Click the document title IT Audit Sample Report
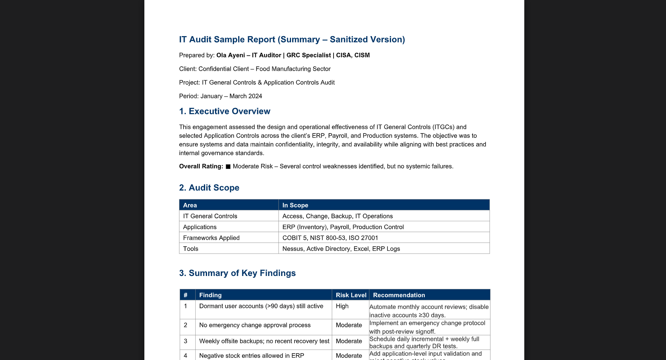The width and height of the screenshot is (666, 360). pyautogui.click(x=292, y=40)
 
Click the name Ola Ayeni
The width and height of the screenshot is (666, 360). pyautogui.click(x=230, y=56)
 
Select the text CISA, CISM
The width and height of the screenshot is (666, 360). pyautogui.click(x=353, y=56)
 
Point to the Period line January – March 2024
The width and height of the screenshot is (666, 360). pyautogui.click(x=220, y=96)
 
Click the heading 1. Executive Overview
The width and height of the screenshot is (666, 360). pyautogui.click(x=225, y=111)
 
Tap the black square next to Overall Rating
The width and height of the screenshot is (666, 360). pyautogui.click(x=228, y=167)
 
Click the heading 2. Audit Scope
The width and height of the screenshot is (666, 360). pyautogui.click(x=209, y=188)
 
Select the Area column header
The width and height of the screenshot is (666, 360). pyautogui.click(x=190, y=205)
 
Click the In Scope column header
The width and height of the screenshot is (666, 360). pyautogui.click(x=295, y=205)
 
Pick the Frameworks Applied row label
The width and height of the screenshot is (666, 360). pyautogui.click(x=211, y=238)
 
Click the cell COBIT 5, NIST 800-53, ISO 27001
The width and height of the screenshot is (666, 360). pyautogui.click(x=330, y=238)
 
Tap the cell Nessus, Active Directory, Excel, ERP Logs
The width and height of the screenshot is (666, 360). pyautogui.click(x=341, y=249)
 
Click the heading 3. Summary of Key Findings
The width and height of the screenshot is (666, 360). pyautogui.click(x=237, y=273)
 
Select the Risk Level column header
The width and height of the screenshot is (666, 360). pyautogui.click(x=351, y=295)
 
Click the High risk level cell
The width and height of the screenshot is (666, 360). pyautogui.click(x=342, y=306)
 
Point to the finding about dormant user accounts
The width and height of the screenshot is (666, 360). pyautogui.click(x=261, y=306)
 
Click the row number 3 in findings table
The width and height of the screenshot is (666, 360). pyautogui.click(x=185, y=341)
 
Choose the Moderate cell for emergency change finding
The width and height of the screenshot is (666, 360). pyautogui.click(x=349, y=325)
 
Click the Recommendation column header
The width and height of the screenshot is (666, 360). pyautogui.click(x=399, y=295)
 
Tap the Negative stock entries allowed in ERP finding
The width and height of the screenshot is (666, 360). pyautogui.click(x=252, y=356)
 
